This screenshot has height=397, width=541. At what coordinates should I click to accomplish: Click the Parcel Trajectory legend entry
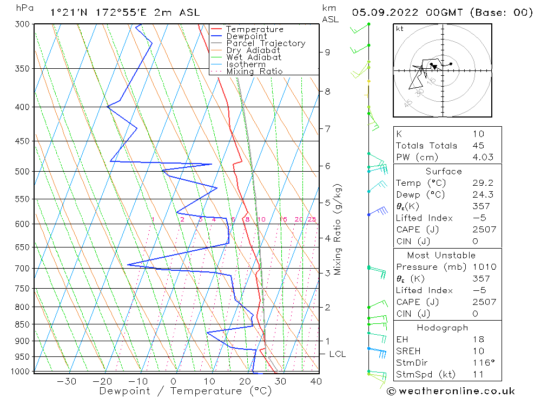(266, 43)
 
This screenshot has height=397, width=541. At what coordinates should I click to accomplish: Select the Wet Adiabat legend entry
(254, 57)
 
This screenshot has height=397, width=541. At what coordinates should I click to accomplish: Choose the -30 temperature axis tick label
(67, 381)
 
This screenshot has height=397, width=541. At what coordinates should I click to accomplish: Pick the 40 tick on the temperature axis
(316, 381)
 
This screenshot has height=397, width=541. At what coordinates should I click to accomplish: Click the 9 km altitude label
(328, 52)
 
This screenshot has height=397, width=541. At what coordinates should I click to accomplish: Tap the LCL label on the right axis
(338, 354)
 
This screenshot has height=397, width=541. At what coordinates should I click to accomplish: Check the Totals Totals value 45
(478, 146)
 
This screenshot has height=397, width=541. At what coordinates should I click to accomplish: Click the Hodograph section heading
(443, 328)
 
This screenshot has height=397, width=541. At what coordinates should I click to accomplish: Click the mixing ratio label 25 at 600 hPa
(312, 219)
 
